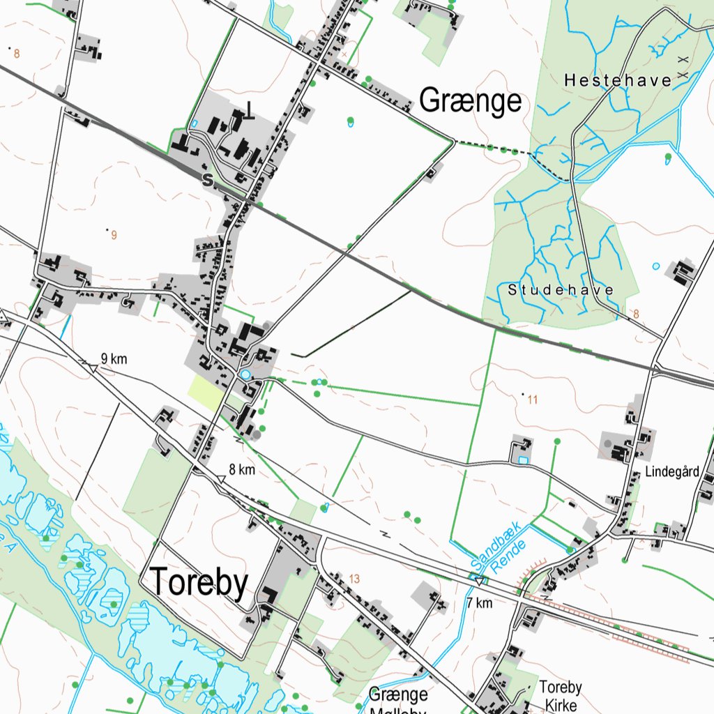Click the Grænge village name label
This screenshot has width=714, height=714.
[x=470, y=102]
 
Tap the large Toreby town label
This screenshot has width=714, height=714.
[x=199, y=583]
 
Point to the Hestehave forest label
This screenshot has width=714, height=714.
[x=618, y=81]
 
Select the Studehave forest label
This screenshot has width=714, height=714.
[x=561, y=290]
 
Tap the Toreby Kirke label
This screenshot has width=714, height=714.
[x=561, y=696]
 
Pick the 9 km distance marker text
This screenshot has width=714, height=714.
[x=114, y=359]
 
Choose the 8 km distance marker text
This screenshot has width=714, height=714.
[x=242, y=470]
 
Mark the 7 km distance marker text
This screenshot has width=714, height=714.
[x=480, y=602]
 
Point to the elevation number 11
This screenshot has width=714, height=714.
[x=533, y=400]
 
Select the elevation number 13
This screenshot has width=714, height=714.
[x=354, y=579]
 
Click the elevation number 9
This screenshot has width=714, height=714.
[x=114, y=235]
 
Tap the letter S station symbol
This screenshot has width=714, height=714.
[x=206, y=180]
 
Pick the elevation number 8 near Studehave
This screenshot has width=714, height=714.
[x=635, y=314]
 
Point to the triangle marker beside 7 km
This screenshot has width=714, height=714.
[x=479, y=580]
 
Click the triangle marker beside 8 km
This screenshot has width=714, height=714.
[x=220, y=479]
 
